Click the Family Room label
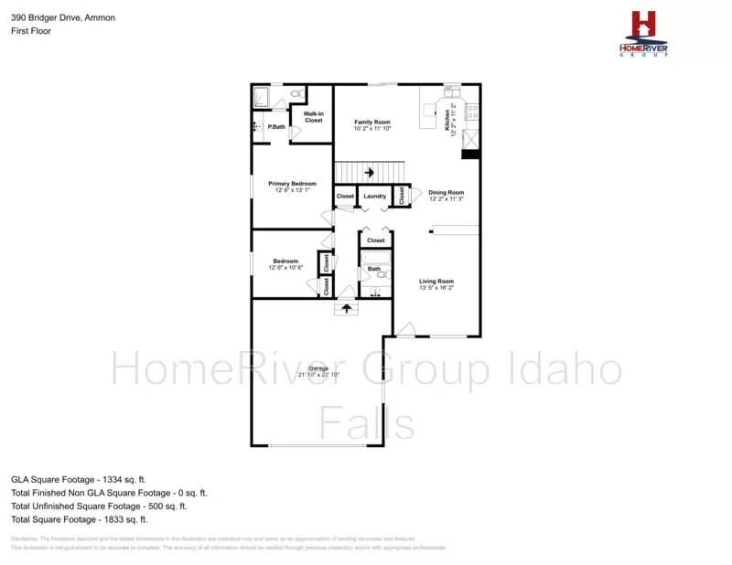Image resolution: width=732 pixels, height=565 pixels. click(372, 122)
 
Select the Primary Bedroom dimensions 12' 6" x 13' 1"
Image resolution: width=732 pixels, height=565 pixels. click(292, 191)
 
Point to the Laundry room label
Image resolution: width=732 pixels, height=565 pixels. click(374, 197)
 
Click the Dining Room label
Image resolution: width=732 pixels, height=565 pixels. click(447, 193)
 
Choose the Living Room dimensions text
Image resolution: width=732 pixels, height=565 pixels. click(436, 288)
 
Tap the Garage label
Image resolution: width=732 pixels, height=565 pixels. click(318, 368)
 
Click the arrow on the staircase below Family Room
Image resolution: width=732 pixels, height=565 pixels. click(370, 171)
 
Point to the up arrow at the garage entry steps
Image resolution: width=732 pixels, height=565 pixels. click(346, 308)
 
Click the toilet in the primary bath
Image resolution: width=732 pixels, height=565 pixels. click(296, 94)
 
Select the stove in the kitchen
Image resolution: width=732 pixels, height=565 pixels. click(473, 112)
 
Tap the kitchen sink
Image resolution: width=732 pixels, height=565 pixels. click(452, 91)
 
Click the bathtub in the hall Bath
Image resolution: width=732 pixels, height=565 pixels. click(374, 258)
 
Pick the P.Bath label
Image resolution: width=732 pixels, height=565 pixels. click(276, 127)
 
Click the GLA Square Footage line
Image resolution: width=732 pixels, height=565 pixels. click(79, 478)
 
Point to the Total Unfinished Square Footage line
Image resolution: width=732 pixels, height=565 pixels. click(99, 506)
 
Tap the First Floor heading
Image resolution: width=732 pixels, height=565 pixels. click(31, 31)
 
